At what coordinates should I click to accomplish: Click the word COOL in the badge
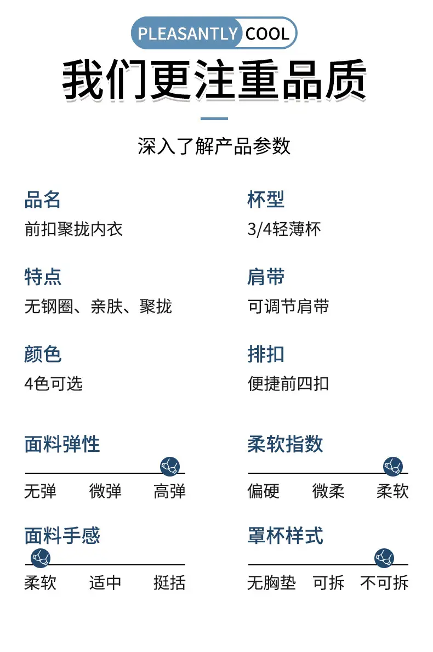[267, 33]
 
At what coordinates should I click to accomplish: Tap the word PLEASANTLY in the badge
[188, 33]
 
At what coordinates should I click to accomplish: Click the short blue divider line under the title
[214, 118]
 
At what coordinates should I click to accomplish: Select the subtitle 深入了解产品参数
[214, 146]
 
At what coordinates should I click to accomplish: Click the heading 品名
[42, 200]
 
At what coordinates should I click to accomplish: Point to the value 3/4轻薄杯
[284, 229]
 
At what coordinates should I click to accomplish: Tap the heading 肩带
[266, 277]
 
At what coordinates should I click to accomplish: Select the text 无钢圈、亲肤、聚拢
[98, 307]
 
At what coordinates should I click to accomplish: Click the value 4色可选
[54, 384]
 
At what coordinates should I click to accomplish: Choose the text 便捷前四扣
[288, 384]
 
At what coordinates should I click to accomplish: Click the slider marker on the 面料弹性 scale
[170, 466]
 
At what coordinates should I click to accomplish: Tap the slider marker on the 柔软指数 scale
[393, 466]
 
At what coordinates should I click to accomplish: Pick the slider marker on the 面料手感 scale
[41, 558]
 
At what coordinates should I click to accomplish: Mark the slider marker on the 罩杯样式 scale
[384, 558]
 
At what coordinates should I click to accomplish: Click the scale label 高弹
[169, 491]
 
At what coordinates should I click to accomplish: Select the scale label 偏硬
[264, 491]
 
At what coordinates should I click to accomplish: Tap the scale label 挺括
[169, 583]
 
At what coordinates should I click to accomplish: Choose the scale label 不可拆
[384, 583]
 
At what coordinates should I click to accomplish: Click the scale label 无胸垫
[272, 583]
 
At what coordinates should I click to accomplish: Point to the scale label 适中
[105, 583]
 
